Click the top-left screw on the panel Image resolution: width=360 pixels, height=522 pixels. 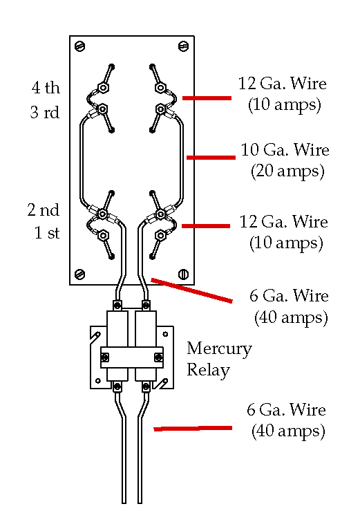click(x=80, y=46)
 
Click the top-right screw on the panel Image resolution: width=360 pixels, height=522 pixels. click(x=184, y=46)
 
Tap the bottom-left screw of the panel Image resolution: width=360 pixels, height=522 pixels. click(x=80, y=274)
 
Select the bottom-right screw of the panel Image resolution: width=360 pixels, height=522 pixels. click(x=184, y=274)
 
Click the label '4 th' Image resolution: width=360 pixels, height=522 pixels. click(x=46, y=88)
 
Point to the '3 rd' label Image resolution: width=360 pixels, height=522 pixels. click(x=45, y=112)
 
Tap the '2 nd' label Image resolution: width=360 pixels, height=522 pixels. click(x=44, y=209)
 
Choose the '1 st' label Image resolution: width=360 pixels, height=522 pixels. click(x=47, y=233)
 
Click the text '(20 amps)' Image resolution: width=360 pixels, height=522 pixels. click(x=287, y=171)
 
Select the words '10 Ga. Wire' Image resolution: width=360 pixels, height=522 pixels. click(x=285, y=150)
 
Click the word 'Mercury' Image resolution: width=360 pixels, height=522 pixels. click(x=219, y=349)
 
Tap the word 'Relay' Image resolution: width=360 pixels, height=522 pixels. click(x=208, y=370)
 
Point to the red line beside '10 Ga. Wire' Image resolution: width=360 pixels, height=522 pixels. click(x=211, y=158)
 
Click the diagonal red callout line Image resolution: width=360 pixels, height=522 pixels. click(x=191, y=290)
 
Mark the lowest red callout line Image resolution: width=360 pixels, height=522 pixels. click(x=193, y=429)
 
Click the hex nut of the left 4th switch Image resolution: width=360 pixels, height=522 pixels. click(x=103, y=88)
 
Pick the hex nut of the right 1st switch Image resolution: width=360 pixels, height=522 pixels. click(x=161, y=236)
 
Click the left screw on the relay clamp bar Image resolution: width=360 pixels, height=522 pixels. click(x=105, y=357)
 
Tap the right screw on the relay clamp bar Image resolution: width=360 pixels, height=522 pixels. click(x=159, y=357)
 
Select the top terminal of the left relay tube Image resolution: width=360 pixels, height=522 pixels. click(x=117, y=306)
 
